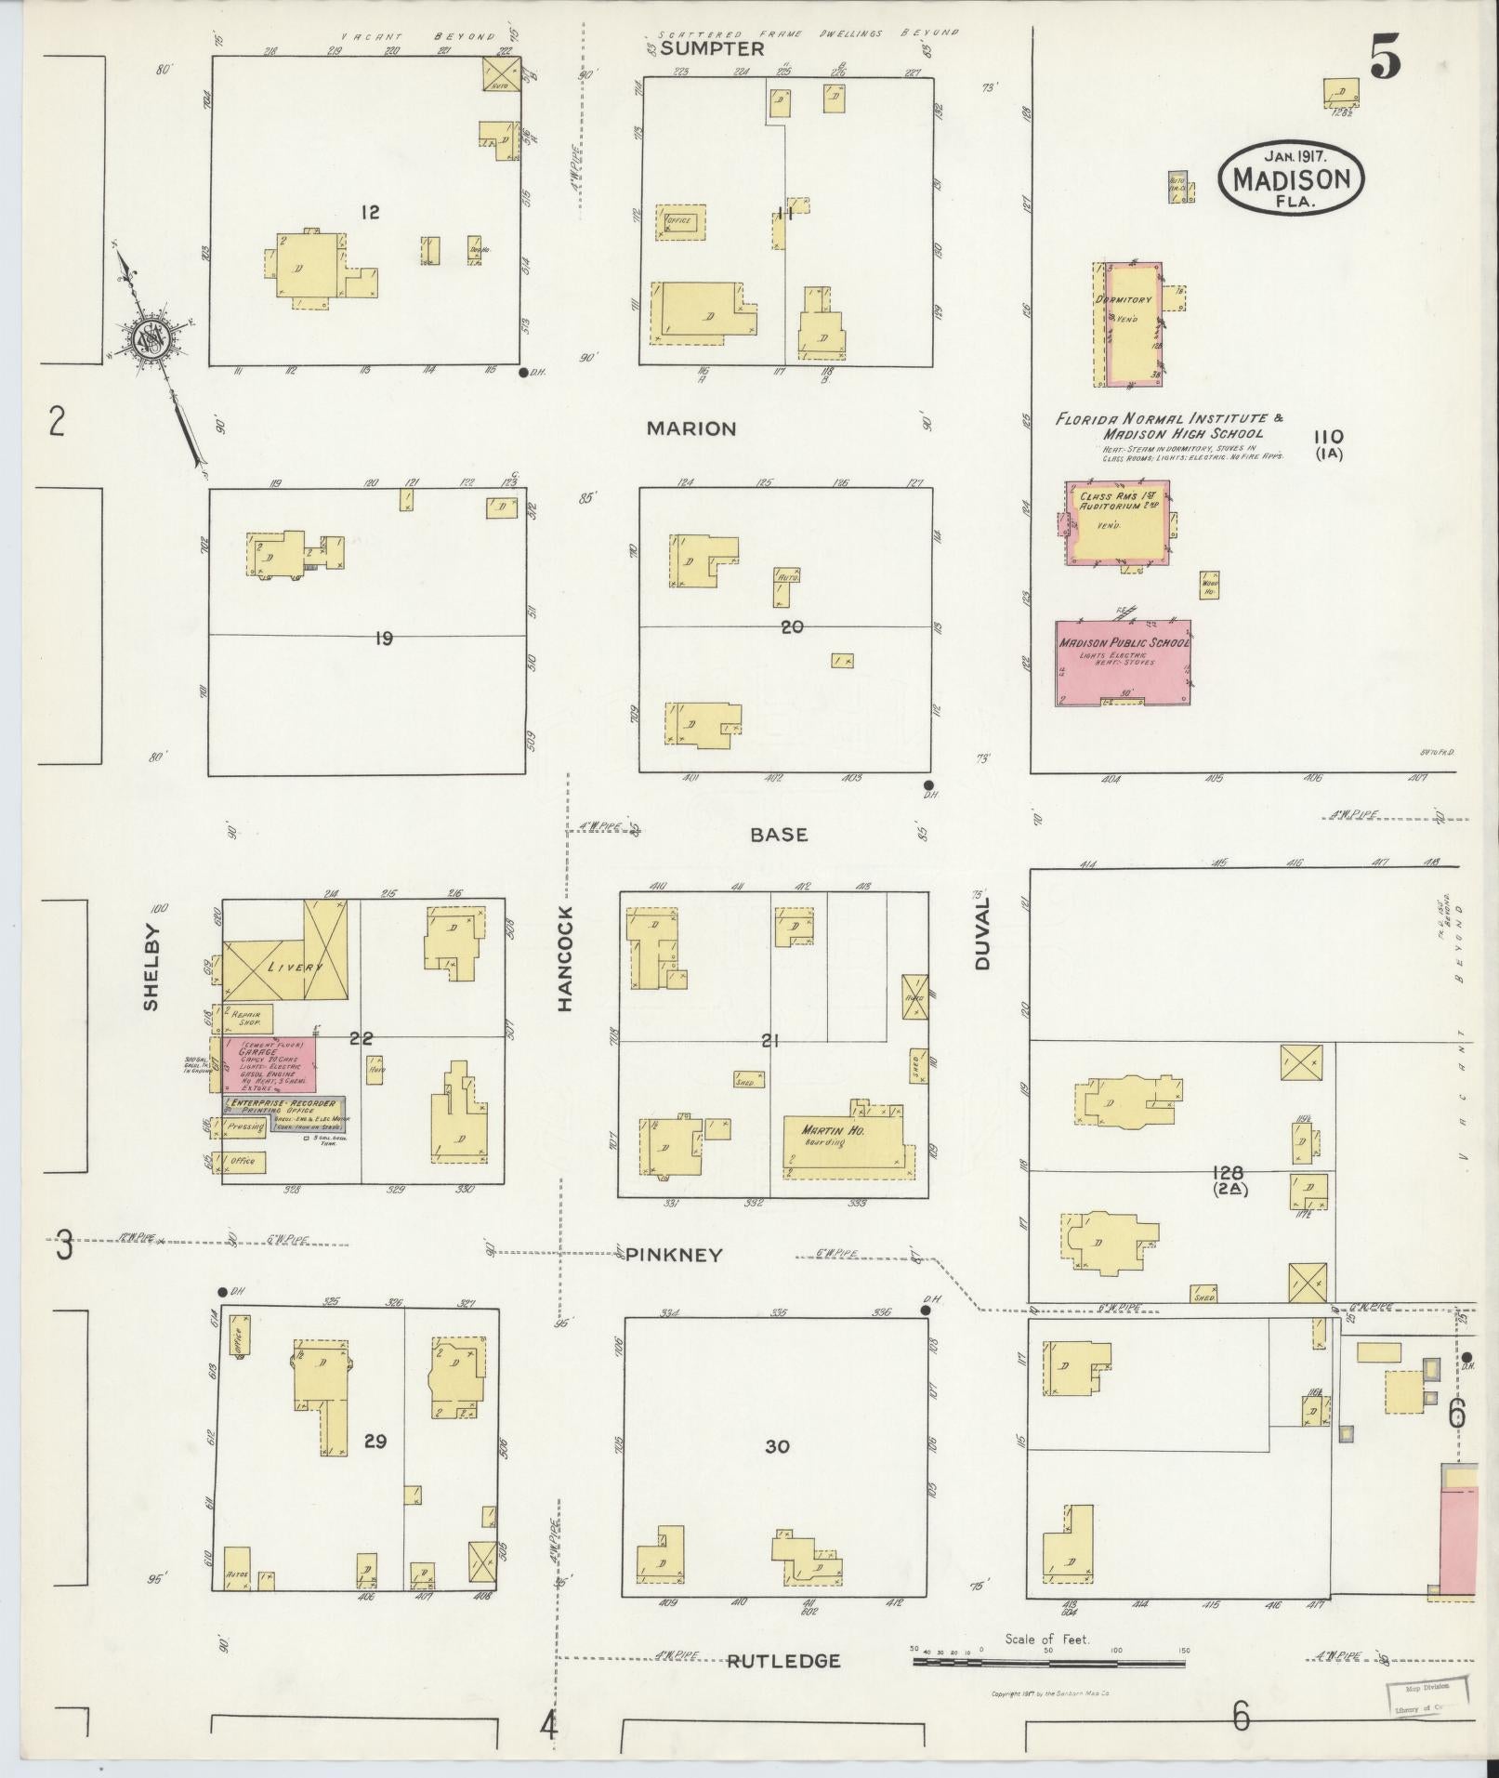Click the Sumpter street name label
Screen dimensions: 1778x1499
click(712, 49)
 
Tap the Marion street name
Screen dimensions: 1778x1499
click(691, 428)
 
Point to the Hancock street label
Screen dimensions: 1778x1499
click(566, 958)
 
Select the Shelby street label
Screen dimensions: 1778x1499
click(152, 967)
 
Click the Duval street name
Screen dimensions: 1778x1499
click(983, 934)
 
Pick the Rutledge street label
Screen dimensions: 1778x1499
click(782, 1661)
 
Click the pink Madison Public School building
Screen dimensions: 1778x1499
click(1124, 662)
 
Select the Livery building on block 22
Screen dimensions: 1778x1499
click(284, 964)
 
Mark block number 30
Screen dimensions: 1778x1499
click(777, 1446)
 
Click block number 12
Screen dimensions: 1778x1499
click(370, 213)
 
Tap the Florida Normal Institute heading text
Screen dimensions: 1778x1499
click(1169, 426)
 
